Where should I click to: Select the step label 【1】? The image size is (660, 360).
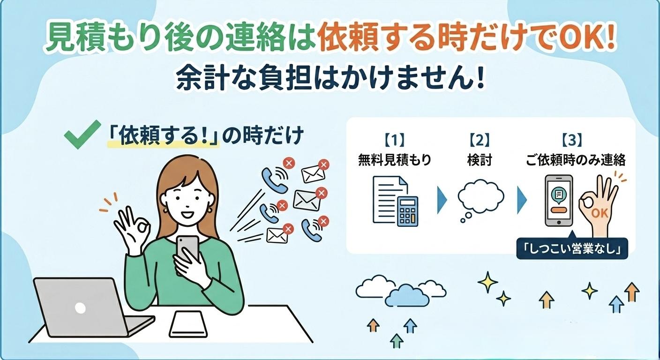pyautogui.click(x=394, y=141)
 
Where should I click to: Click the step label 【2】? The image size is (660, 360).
pyautogui.click(x=480, y=141)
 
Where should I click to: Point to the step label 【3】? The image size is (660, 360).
pyautogui.click(x=571, y=141)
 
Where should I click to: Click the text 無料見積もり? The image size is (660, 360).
pyautogui.click(x=395, y=160)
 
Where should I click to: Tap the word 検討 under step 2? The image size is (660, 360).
pyautogui.click(x=480, y=160)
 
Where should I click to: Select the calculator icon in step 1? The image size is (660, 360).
pyautogui.click(x=407, y=211)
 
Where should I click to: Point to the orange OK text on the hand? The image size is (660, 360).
pyautogui.click(x=600, y=213)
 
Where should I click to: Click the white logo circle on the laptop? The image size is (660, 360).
pyautogui.click(x=80, y=308)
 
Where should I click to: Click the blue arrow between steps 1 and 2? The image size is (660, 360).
pyautogui.click(x=442, y=200)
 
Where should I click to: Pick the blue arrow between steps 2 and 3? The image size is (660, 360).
pyautogui.click(x=522, y=200)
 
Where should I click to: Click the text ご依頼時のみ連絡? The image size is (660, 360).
pyautogui.click(x=576, y=160)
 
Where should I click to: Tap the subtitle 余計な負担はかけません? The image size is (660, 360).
pyautogui.click(x=330, y=79)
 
